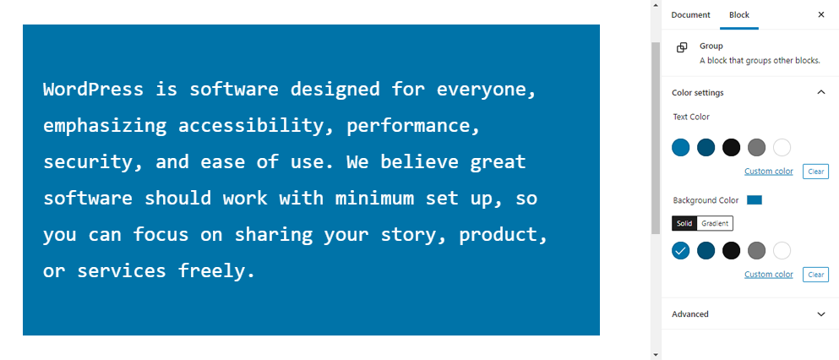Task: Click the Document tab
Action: pos(691,15)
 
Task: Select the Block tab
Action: pos(739,15)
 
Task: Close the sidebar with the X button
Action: pos(821,15)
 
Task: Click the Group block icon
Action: pos(682,47)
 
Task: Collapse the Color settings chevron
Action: pos(821,93)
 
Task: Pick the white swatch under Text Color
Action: pos(782,147)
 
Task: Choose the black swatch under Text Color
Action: pos(731,147)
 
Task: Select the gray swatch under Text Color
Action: pos(756,147)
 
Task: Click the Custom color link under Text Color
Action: pos(768,172)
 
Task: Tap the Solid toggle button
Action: pos(684,224)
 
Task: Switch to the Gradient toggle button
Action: pos(715,224)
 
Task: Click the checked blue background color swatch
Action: pos(681,250)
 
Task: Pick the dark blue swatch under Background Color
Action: pos(706,250)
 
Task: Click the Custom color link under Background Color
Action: pos(768,275)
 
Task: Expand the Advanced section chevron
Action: pos(821,314)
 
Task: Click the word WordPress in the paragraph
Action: pos(93,89)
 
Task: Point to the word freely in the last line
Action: pos(216,271)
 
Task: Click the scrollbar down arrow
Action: pos(656,355)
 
